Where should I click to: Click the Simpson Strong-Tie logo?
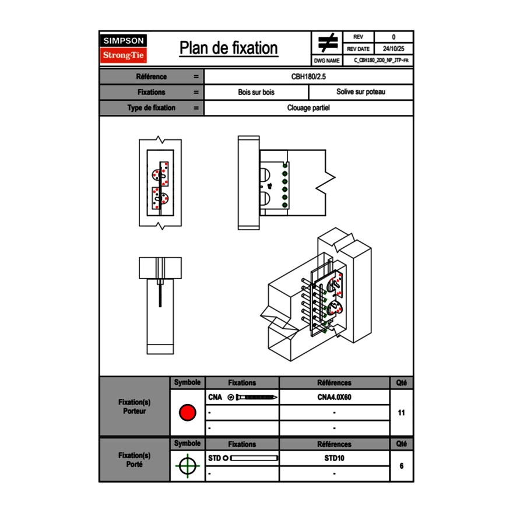pos(124,48)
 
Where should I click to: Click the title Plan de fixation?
pos(229,48)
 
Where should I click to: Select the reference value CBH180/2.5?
pos(308,76)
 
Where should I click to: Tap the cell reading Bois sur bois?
pos(256,92)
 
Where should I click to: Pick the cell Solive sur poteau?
pos(360,92)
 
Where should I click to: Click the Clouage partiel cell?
pos(308,108)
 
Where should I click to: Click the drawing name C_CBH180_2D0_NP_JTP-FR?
pos(381,60)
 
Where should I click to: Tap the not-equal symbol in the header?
pos(328,43)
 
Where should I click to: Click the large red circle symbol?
pos(187,413)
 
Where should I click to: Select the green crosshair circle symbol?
pos(187,466)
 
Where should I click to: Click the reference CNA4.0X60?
pos(334,397)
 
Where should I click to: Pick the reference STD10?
pos(334,458)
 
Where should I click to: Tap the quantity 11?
pos(401,413)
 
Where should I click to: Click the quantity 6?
pos(401,466)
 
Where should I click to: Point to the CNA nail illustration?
pos(253,397)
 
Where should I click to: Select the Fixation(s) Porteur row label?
pos(134,406)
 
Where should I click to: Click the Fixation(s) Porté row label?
pos(134,460)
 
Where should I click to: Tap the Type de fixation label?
pos(152,108)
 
